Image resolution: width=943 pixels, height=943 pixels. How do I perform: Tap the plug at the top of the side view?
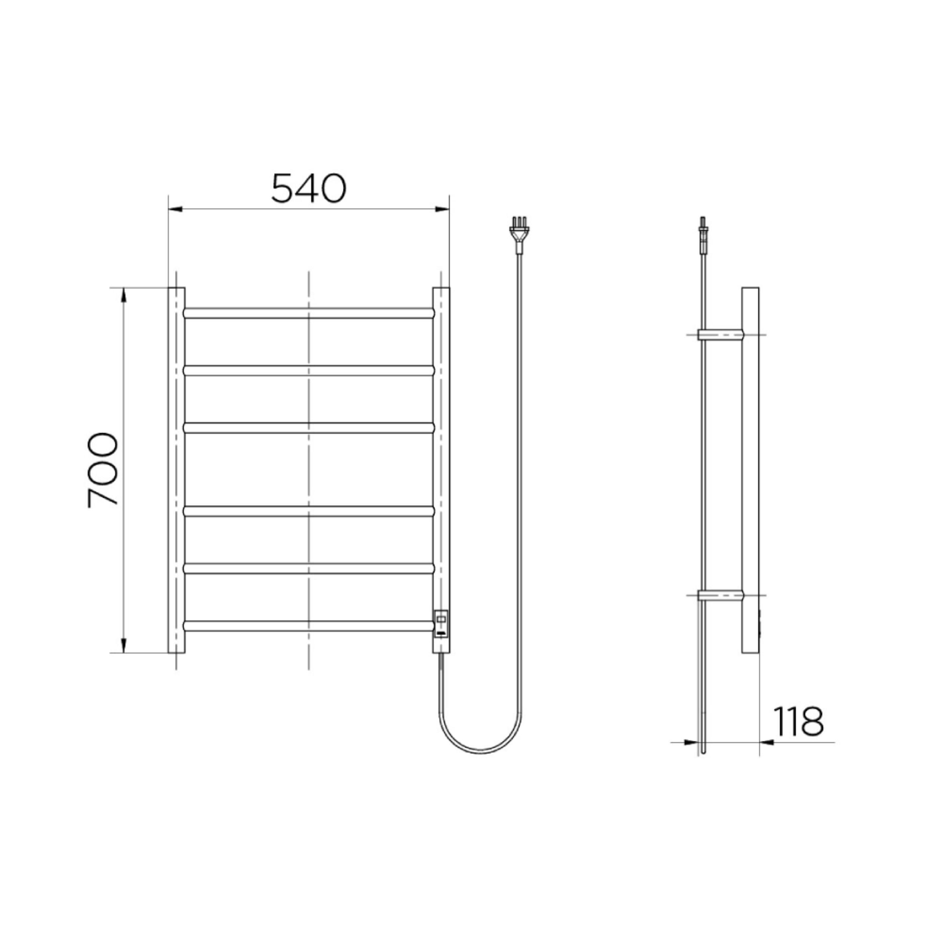pos(704,234)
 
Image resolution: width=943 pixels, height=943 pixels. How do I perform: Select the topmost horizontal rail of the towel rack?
pos(308,313)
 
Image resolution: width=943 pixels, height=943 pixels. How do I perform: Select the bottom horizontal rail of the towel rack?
pos(308,626)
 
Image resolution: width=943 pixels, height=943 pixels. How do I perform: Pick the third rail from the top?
pos(308,427)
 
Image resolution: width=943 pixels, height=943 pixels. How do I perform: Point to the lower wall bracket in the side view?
pos(720,595)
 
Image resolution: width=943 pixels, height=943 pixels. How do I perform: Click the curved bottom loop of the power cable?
pos(481,749)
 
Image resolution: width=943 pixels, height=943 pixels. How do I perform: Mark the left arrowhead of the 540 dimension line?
pos(175,210)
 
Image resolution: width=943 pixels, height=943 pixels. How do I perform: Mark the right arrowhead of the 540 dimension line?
pos(443,210)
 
